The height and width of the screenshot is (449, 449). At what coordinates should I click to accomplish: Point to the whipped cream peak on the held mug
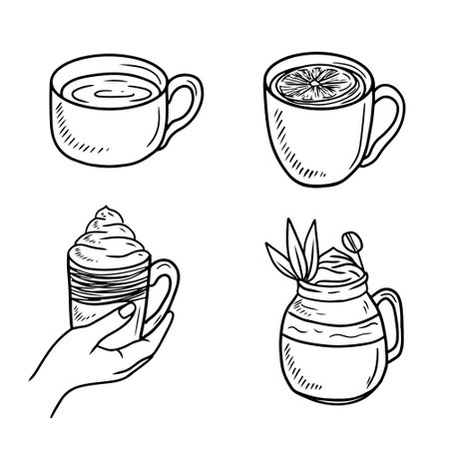[x=102, y=214]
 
